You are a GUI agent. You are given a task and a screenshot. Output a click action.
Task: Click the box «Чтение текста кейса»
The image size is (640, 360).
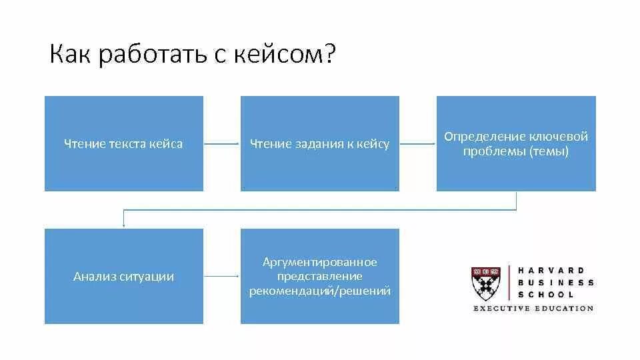click(123, 143)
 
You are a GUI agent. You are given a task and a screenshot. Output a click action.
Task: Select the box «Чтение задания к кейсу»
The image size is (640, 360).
click(319, 143)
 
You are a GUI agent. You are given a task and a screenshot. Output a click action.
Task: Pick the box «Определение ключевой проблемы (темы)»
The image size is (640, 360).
click(516, 143)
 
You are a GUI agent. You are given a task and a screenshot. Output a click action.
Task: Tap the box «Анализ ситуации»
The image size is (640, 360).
click(123, 276)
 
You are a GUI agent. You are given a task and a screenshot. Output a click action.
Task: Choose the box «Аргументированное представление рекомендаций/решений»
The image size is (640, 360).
click(319, 276)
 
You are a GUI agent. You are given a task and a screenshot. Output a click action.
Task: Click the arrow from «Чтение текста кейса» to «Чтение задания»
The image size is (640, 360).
click(221, 143)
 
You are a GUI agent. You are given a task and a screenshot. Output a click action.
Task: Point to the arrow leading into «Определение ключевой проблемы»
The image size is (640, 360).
click(418, 143)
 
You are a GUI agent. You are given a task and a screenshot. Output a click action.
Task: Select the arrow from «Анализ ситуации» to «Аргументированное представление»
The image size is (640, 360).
click(221, 276)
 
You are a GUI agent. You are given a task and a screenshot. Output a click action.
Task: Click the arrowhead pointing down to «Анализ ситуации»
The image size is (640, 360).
click(123, 225)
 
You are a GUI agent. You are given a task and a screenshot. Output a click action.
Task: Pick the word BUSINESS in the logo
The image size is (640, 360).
click(555, 283)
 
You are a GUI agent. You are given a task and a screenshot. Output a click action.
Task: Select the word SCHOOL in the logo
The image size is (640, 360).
click(545, 294)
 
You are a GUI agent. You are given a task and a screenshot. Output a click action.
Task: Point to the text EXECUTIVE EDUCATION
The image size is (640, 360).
click(533, 309)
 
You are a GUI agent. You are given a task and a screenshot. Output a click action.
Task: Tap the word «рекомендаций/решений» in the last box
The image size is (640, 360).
click(320, 291)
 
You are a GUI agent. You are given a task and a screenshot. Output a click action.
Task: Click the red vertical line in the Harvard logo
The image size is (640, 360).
click(509, 283)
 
